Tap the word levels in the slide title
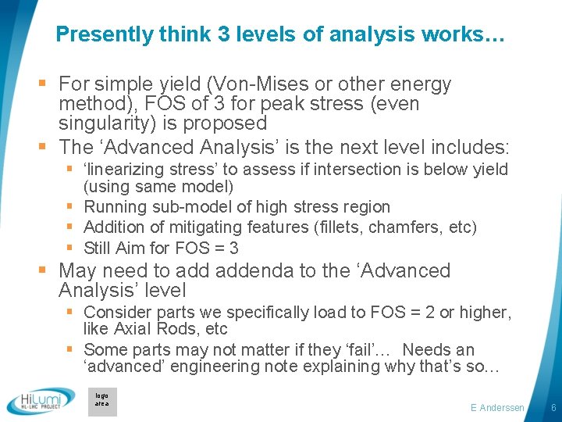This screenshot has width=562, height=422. (x=248, y=34)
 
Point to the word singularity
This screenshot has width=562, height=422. (x=106, y=123)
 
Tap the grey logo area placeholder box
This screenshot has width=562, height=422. (x=102, y=401)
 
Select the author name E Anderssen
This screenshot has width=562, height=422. (x=497, y=408)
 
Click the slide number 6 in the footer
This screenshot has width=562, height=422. (x=553, y=408)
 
